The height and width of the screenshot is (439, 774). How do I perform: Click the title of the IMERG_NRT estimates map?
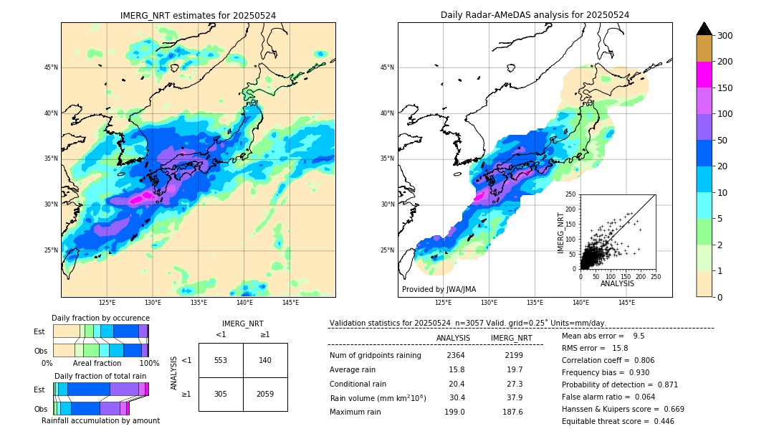198,15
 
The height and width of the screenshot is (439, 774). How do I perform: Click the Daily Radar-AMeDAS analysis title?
535,15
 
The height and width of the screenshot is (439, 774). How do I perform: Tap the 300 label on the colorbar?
725,35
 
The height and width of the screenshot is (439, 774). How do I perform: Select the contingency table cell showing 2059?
265,394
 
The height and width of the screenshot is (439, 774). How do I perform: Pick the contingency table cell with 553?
221,360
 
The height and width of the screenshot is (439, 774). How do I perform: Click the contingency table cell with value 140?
265,360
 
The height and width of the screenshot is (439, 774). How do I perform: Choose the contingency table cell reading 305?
221,394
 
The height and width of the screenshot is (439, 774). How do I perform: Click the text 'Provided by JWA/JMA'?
439,290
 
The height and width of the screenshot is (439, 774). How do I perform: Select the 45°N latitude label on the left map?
51,67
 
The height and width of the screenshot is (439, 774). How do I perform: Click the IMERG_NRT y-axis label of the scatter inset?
561,231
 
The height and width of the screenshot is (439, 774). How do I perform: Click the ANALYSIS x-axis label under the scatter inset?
617,283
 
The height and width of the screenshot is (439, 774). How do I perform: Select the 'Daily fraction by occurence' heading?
100,318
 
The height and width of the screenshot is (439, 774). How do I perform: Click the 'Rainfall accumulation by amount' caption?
100,420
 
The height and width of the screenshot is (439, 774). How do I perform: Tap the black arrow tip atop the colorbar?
704,27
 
